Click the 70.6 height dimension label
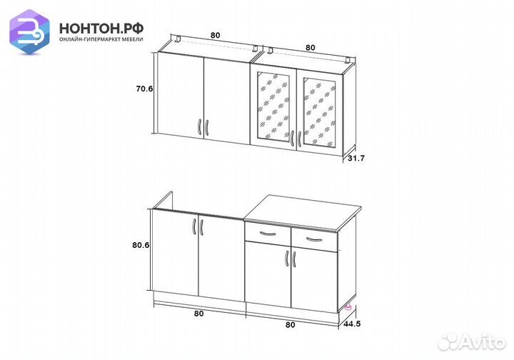pyautogui.click(x=144, y=89)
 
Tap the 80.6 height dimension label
pyautogui.click(x=141, y=245)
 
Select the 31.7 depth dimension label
pyautogui.click(x=356, y=159)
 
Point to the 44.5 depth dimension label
pyautogui.click(x=352, y=324)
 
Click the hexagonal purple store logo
pyautogui.click(x=29, y=32)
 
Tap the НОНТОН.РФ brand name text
pyautogui.click(x=101, y=29)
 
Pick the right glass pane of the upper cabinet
pyautogui.click(x=320, y=112)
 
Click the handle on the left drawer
pyautogui.click(x=268, y=234)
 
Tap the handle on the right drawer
pyautogui.click(x=314, y=239)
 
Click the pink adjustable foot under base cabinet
pyautogui.click(x=348, y=307)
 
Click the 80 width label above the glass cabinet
pyautogui.click(x=310, y=48)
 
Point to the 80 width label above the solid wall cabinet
pyautogui.click(x=215, y=35)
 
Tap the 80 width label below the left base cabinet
pyautogui.click(x=198, y=314)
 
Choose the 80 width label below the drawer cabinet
pyautogui.click(x=290, y=324)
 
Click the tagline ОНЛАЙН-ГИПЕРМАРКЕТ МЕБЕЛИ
pyautogui.click(x=101, y=39)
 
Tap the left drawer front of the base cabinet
pyautogui.click(x=268, y=234)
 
